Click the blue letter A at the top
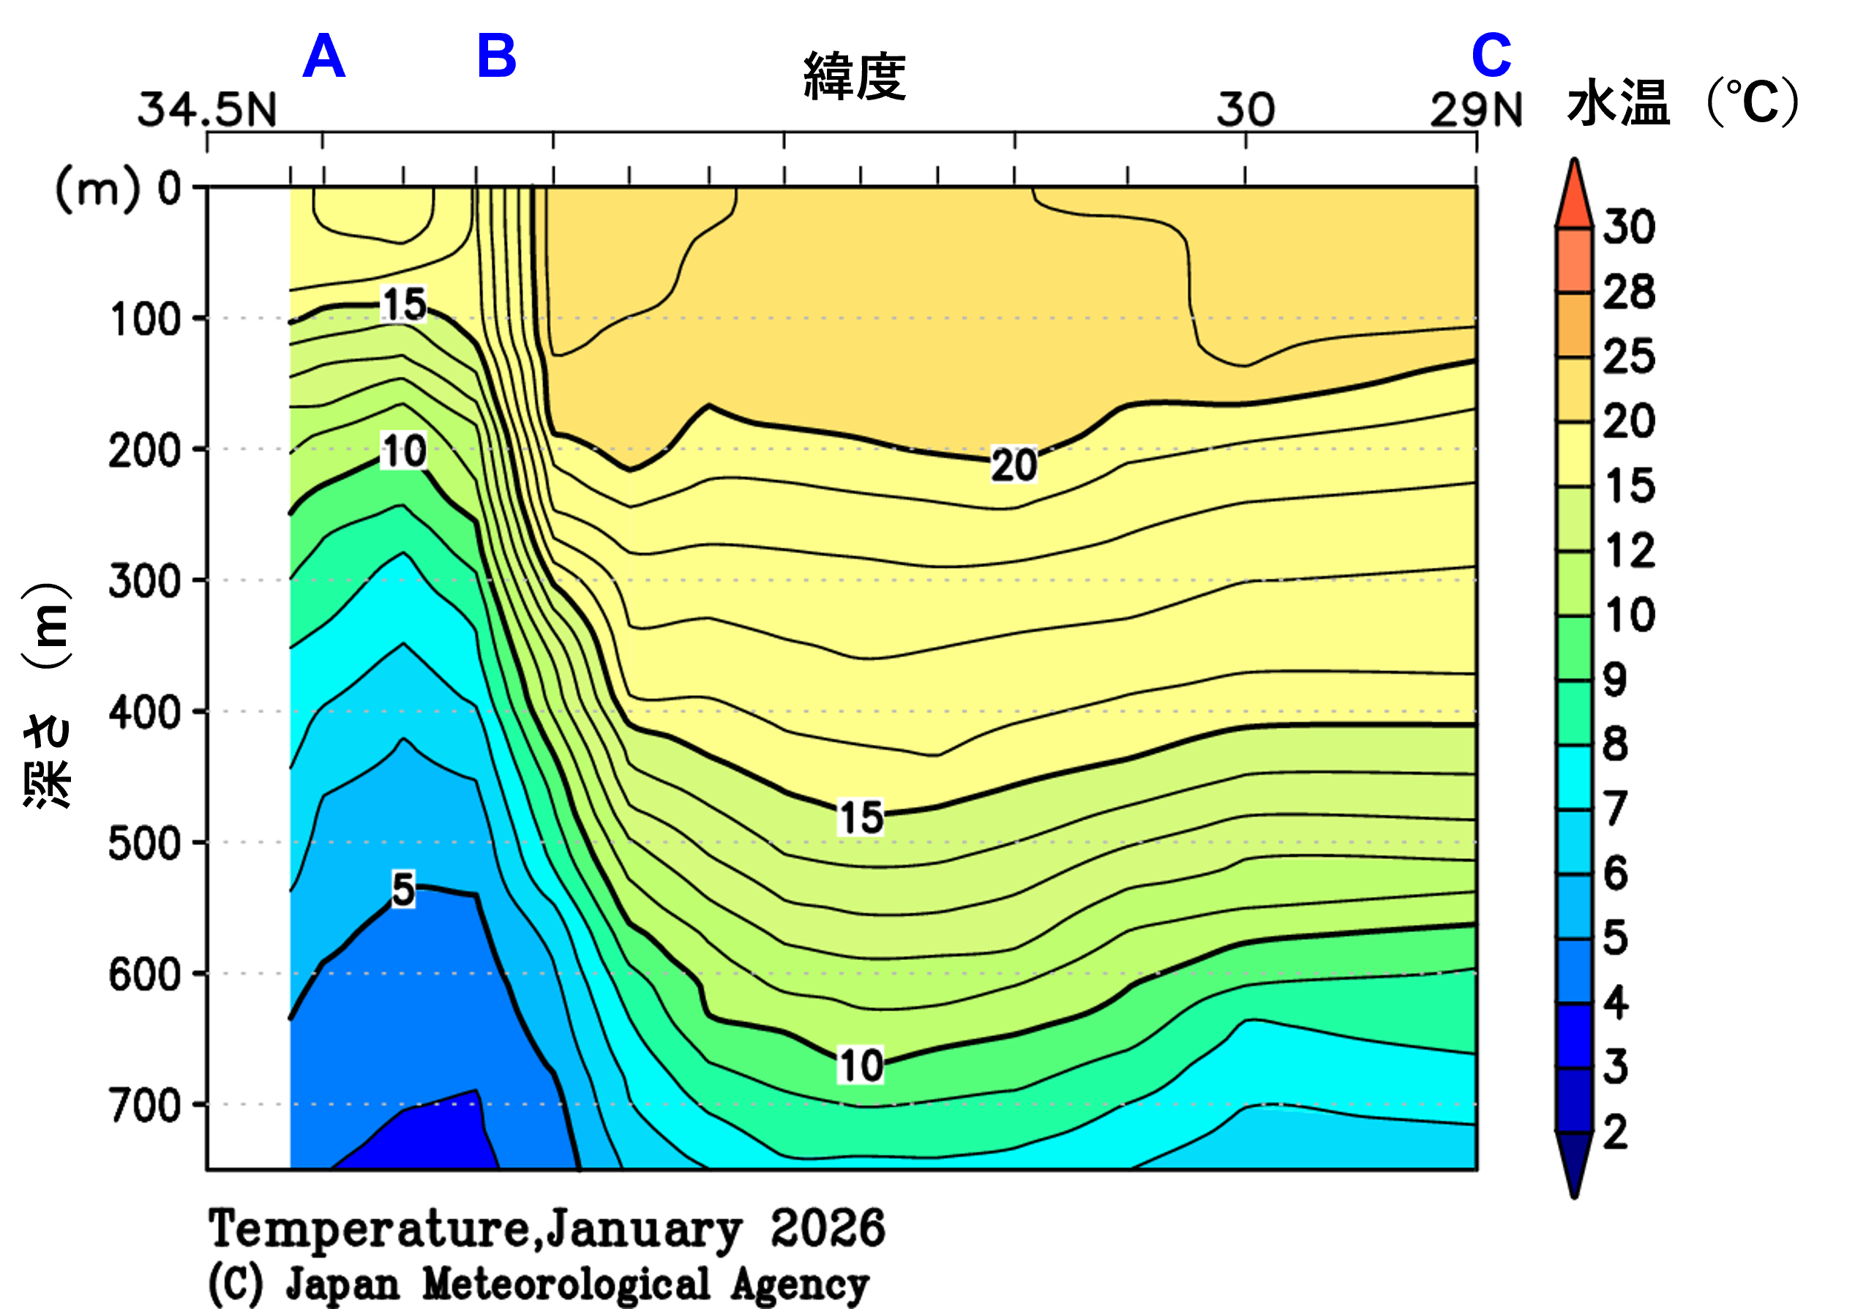pos(323,57)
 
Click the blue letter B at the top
pos(497,57)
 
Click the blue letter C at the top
pos(1491,57)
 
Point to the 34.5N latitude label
pos(207,110)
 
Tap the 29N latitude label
pos(1475,110)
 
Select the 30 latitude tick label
pos(1245,110)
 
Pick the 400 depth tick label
pos(146,713)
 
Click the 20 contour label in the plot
pos(1013,465)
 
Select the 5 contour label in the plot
pos(403,889)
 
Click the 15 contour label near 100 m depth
pos(404,304)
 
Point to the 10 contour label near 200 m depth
pos(404,451)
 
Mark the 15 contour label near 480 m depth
pos(861,817)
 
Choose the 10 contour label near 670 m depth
pos(861,1065)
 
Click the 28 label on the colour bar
pos(1628,293)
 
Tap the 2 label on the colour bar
pos(1616,1133)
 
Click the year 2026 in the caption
pos(828,1228)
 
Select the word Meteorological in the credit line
pos(566,1285)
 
